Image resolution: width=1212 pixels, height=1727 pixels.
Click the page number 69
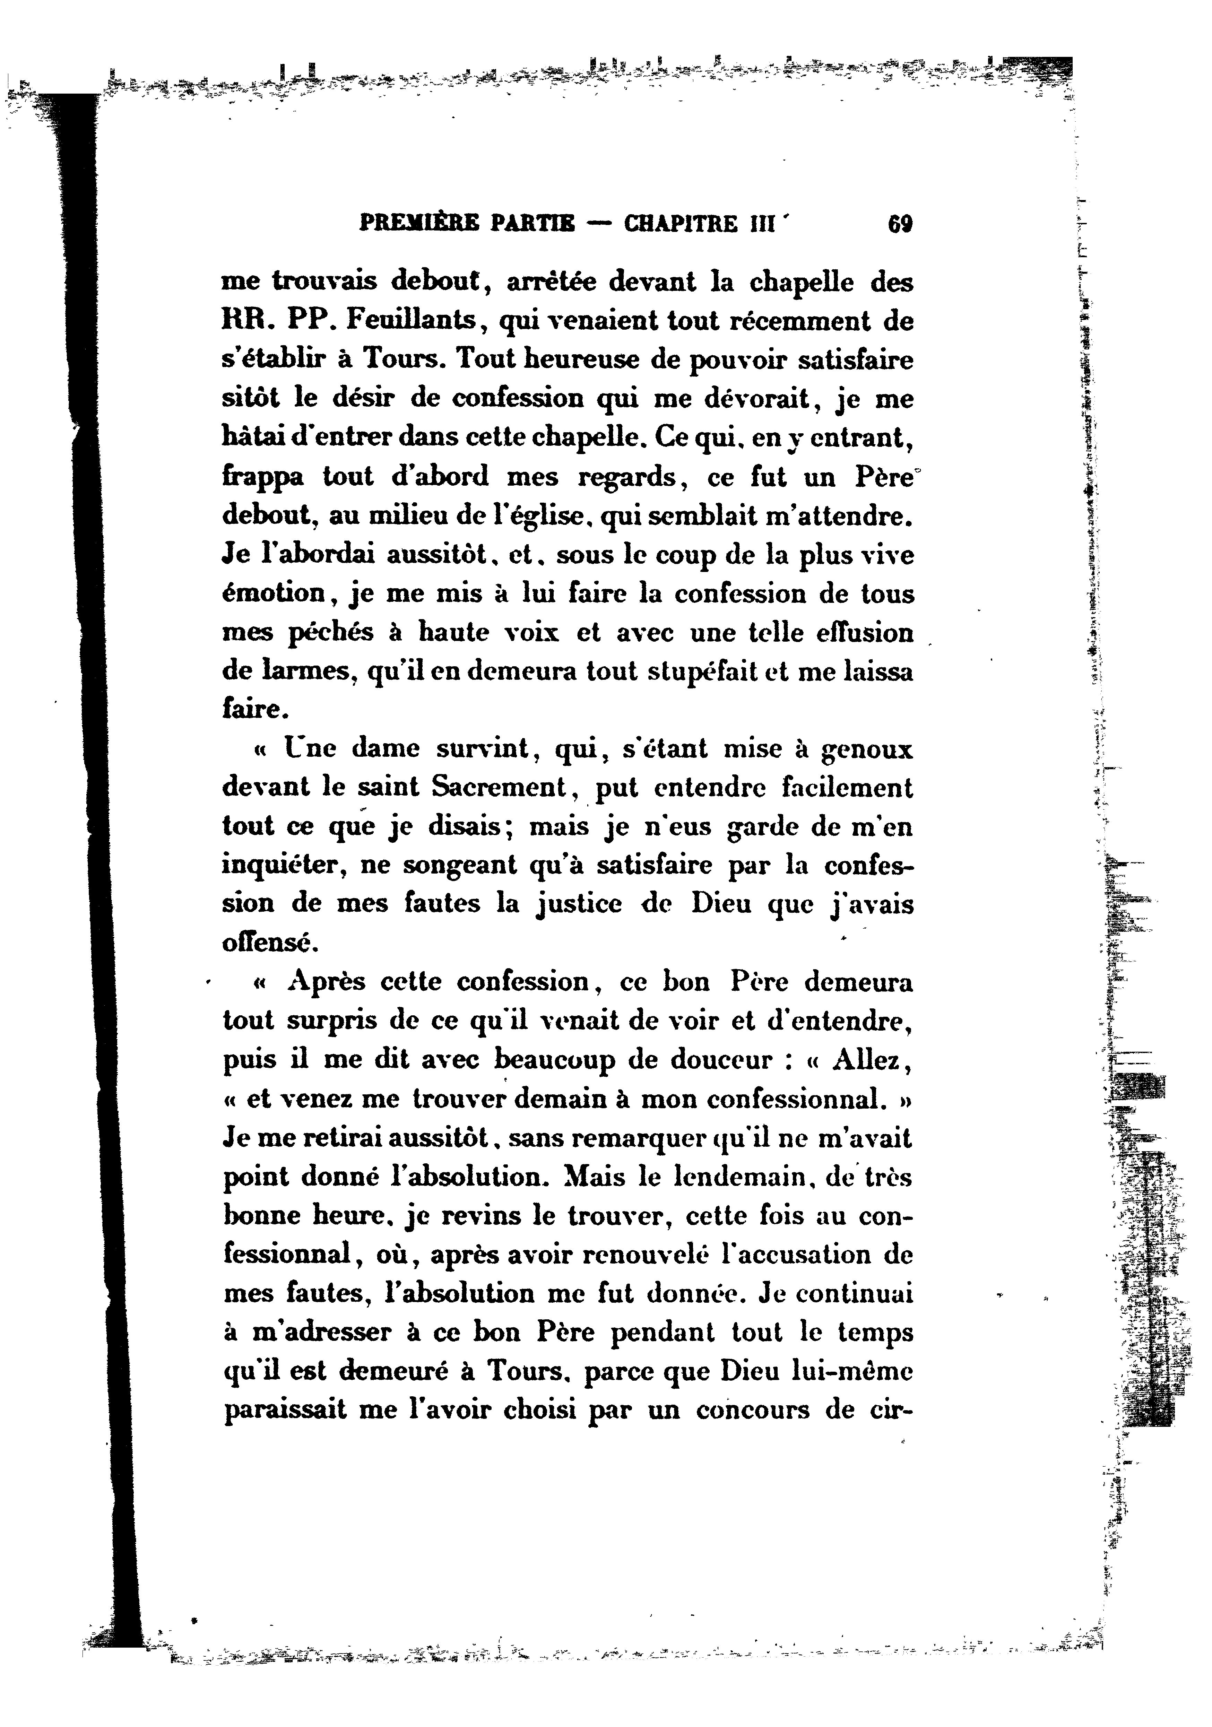tap(900, 224)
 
